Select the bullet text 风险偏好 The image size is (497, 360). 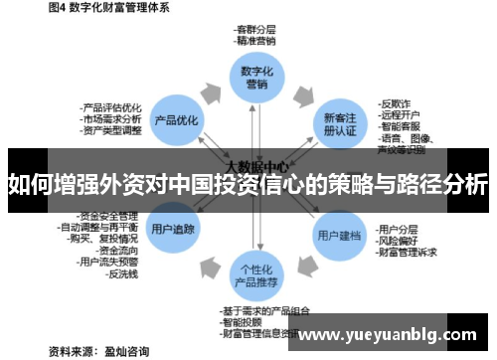[x=397, y=240]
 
